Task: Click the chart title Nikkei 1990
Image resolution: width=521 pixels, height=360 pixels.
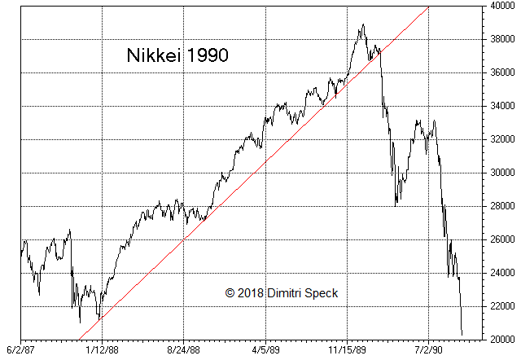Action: coord(177,56)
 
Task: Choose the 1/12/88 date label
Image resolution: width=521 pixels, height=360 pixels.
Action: coord(102,349)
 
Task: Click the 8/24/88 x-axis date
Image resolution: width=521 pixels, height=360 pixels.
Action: coord(184,349)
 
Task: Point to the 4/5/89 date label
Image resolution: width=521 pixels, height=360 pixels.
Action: coord(265,349)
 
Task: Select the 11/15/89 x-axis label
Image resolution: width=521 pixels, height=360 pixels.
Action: coord(347,349)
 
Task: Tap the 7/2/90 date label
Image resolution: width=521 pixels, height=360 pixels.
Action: coord(429,349)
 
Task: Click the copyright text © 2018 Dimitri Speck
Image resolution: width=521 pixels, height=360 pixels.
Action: coord(282,292)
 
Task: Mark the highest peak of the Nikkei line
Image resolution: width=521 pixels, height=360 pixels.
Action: coord(363,24)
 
